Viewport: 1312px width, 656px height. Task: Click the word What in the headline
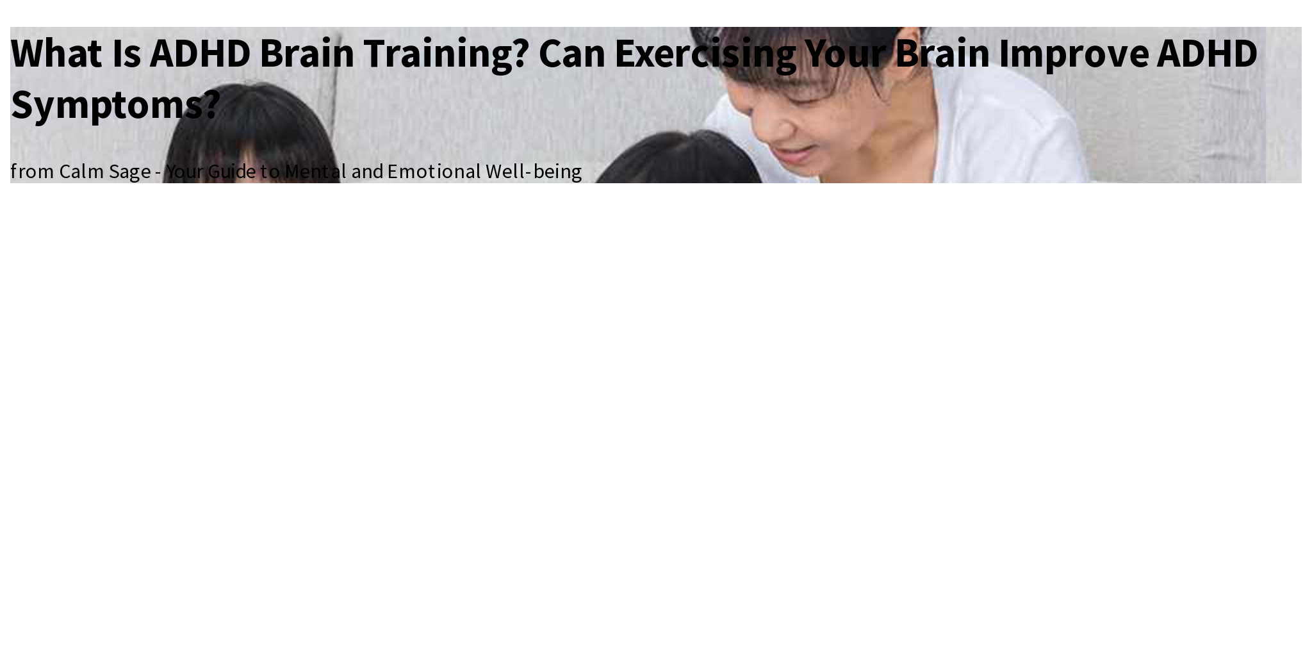56,53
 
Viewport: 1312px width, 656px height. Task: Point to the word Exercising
705,53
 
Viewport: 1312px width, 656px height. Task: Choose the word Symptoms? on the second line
115,104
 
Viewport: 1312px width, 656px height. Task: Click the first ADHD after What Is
200,53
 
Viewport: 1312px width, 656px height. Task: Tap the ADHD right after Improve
1207,53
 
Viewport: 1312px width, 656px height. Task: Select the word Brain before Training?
306,53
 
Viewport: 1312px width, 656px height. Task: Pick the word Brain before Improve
942,53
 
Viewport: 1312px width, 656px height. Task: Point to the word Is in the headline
126,53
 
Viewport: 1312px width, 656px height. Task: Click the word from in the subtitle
31,172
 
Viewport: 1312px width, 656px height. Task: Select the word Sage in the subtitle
129,172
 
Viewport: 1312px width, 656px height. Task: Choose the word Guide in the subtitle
231,172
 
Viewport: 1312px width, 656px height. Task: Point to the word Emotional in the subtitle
434,172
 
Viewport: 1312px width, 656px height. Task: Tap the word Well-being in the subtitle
533,172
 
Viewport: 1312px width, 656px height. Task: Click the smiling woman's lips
794,154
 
